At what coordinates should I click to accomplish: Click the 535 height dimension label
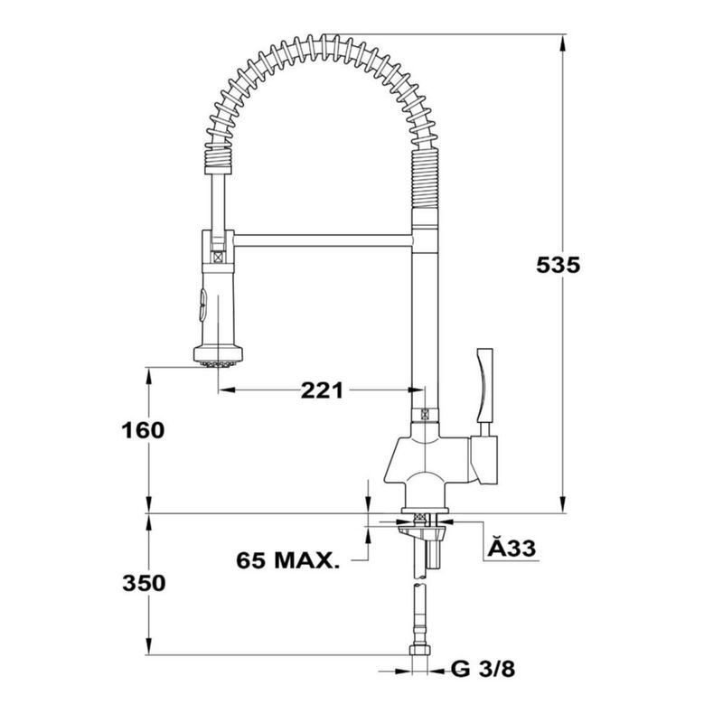click(x=558, y=265)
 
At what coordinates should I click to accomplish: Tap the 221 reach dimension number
click(x=322, y=390)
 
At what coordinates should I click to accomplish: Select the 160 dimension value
click(x=143, y=431)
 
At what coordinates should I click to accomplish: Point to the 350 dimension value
click(x=144, y=583)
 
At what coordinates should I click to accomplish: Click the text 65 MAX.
click(x=287, y=560)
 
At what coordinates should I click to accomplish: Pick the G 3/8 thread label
click(x=484, y=669)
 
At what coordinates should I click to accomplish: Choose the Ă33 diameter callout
click(x=512, y=548)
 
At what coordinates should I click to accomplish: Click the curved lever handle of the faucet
click(x=484, y=385)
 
